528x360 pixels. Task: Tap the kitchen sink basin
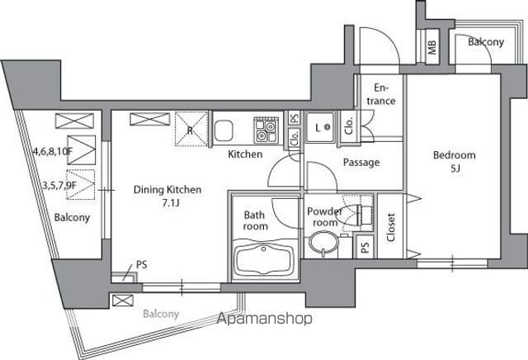(224, 131)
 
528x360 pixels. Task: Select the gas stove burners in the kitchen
(266, 130)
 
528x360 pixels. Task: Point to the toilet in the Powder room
(357, 214)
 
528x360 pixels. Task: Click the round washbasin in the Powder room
(323, 243)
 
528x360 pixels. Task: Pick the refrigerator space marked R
(191, 129)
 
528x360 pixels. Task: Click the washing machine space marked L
(320, 127)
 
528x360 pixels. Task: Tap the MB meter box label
(431, 47)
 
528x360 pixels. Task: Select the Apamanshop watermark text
(264, 319)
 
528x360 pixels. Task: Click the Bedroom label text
(455, 155)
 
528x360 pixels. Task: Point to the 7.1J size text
(171, 203)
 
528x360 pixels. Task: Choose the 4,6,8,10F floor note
(53, 151)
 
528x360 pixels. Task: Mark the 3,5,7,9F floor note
(59, 185)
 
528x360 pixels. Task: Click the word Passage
(361, 163)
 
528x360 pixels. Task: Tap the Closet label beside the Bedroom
(390, 227)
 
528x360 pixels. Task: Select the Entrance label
(381, 94)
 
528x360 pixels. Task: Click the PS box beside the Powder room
(365, 247)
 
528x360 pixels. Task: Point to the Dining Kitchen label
(167, 189)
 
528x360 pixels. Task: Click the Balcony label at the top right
(486, 42)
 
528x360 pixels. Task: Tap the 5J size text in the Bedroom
(455, 168)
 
